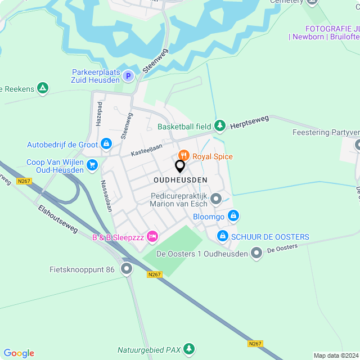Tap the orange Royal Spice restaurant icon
(183, 156)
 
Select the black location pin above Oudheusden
(180, 166)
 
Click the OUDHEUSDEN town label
(180, 179)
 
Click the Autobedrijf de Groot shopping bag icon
(106, 145)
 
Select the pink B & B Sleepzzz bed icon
(151, 237)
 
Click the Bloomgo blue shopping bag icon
(233, 216)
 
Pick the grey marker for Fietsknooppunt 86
(127, 269)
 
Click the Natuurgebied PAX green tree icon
(189, 349)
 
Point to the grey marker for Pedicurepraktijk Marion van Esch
(216, 197)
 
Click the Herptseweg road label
(250, 122)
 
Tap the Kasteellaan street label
(146, 149)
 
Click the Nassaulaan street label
(105, 196)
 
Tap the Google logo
(19, 353)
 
